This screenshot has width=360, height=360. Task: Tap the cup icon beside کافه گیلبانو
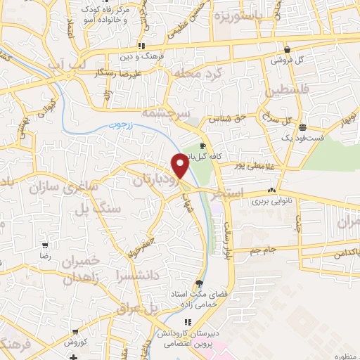(203, 146)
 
